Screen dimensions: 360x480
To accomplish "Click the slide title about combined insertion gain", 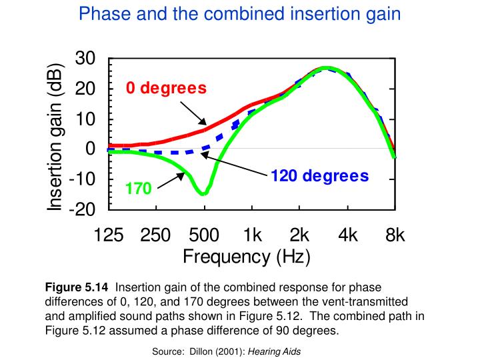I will (x=240, y=13).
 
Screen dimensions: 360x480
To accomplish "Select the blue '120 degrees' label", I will (x=319, y=176).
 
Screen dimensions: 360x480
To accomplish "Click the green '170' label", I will (x=139, y=189).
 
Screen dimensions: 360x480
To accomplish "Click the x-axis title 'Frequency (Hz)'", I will (x=247, y=257).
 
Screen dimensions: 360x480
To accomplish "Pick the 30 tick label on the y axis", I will (x=85, y=59).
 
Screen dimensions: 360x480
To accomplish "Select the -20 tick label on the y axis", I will (x=81, y=209).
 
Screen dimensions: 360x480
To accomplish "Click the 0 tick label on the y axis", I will (x=91, y=149).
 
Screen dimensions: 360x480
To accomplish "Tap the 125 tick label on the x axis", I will (x=109, y=235).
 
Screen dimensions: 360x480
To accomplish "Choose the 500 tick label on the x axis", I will (x=204, y=235).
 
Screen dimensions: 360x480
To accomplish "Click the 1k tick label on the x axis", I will (x=252, y=235).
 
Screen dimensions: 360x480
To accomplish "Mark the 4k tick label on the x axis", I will (x=347, y=235).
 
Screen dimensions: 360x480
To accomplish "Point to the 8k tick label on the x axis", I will (x=395, y=235).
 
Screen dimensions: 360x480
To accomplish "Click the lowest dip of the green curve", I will (x=202, y=193).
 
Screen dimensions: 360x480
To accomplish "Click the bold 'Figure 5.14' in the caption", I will (x=77, y=288).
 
